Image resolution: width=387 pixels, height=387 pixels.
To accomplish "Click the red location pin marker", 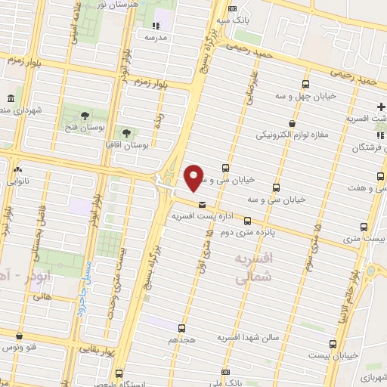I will click(x=194, y=178).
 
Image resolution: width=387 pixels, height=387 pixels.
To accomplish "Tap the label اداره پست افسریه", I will click(x=203, y=216).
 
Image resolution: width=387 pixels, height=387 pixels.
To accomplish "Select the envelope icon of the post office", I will click(x=202, y=204).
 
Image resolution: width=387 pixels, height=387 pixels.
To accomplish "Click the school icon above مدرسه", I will click(x=156, y=26).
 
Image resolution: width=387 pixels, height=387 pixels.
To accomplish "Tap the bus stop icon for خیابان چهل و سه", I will click(x=305, y=84).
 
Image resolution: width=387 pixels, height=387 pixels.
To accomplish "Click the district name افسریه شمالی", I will click(x=252, y=268).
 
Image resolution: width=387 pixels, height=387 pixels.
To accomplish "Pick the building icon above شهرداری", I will click(x=9, y=98).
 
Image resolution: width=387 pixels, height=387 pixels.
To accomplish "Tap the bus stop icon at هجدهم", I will click(x=181, y=327).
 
